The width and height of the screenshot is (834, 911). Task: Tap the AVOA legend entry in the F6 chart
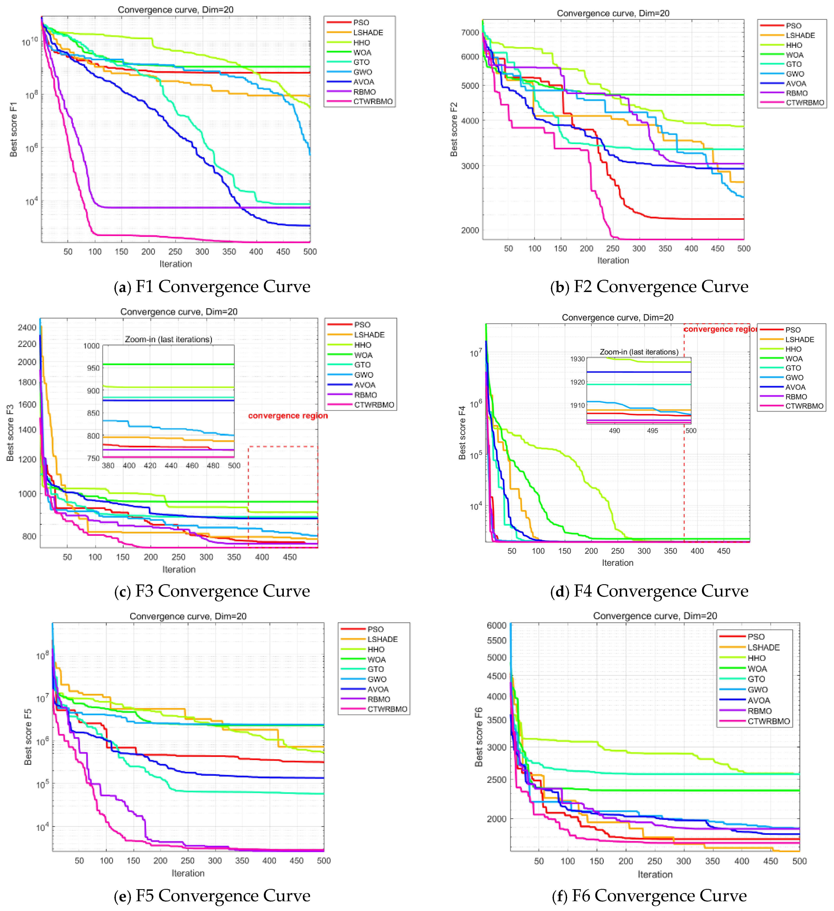click(x=759, y=700)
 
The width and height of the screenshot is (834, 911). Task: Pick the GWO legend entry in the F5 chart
click(x=377, y=679)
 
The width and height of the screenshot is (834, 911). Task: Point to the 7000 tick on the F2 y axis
click(x=470, y=32)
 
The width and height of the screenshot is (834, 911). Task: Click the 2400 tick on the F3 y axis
click(x=27, y=327)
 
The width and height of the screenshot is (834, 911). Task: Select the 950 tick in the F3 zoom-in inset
click(x=93, y=368)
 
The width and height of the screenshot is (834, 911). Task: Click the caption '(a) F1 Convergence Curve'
click(x=212, y=286)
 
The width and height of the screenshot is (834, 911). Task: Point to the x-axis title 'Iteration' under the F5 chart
click(x=188, y=873)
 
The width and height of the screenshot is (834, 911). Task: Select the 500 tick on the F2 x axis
click(x=743, y=249)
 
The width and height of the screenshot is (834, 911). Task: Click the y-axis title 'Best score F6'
click(x=479, y=737)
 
